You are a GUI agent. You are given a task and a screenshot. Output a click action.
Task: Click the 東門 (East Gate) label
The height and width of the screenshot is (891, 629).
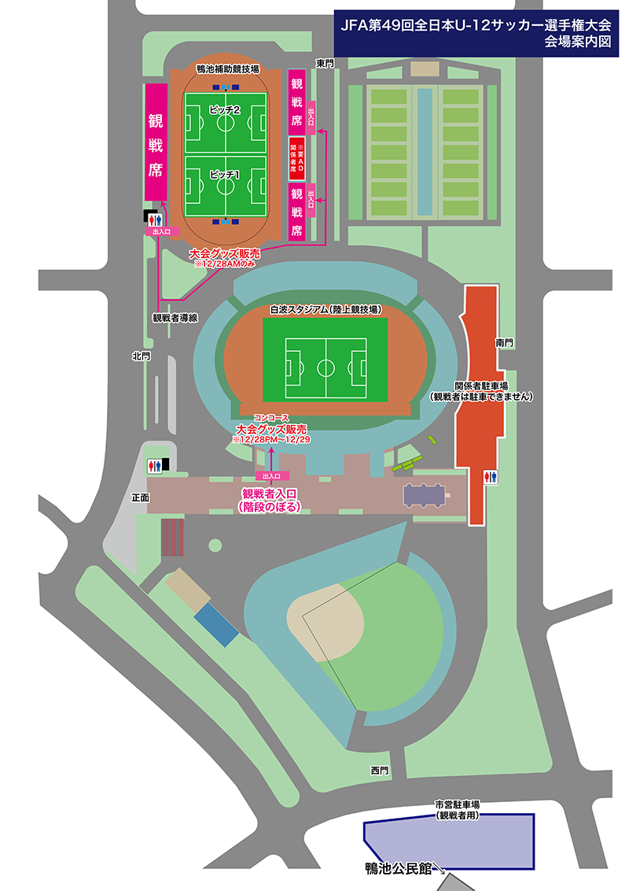pyautogui.click(x=325, y=62)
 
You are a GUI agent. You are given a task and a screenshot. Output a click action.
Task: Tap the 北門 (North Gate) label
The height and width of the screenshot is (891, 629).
pyautogui.click(x=142, y=357)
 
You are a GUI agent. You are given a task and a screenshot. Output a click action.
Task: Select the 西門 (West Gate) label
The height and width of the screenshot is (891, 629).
pyautogui.click(x=381, y=770)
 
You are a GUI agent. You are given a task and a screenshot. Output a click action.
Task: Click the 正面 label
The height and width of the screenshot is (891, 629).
pyautogui.click(x=140, y=498)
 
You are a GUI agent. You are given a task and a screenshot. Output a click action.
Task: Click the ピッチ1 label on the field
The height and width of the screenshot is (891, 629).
pyautogui.click(x=225, y=172)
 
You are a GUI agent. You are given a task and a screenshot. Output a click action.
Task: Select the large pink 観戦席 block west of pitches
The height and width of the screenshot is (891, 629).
pyautogui.click(x=155, y=142)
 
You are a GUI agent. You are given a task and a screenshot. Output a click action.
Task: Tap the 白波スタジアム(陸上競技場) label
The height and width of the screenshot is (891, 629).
pyautogui.click(x=326, y=309)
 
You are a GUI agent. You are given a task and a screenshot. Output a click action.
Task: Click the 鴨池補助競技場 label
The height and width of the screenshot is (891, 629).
pyautogui.click(x=225, y=70)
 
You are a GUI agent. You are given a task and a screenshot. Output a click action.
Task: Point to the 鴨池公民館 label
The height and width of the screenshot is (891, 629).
pyautogui.click(x=399, y=869)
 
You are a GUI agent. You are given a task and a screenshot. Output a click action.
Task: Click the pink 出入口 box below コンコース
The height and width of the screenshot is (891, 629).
pyautogui.click(x=271, y=476)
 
